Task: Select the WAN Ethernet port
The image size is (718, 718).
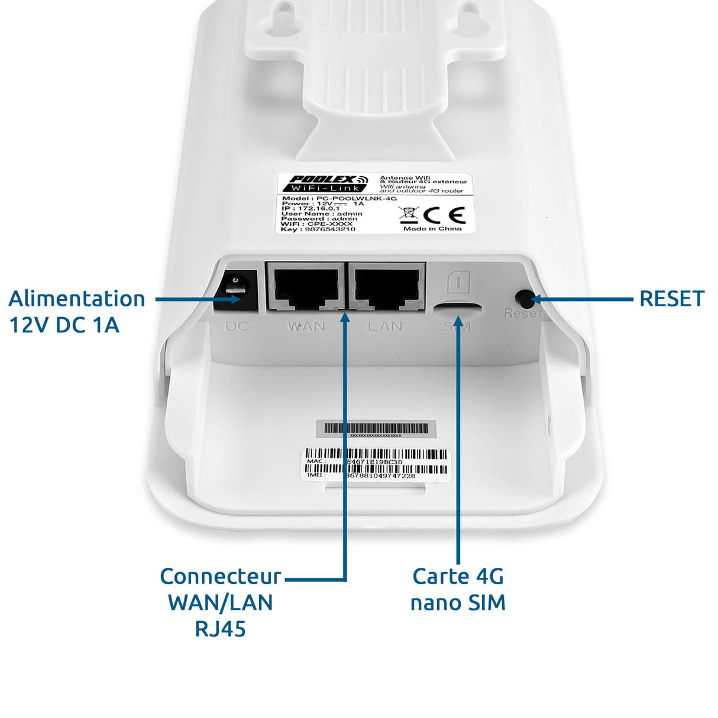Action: click(306, 286)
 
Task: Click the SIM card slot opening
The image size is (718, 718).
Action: click(457, 307)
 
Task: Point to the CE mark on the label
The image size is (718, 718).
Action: click(445, 215)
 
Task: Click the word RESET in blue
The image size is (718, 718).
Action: click(671, 299)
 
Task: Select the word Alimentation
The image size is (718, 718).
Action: click(77, 299)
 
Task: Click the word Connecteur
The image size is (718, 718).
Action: click(220, 576)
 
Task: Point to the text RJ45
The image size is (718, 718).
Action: click(220, 629)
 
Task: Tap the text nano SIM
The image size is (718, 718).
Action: click(458, 603)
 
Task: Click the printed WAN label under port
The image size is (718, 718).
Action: click(306, 326)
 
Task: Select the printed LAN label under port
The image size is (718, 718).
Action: click(385, 326)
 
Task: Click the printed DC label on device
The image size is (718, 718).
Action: click(237, 326)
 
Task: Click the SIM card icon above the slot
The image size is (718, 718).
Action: click(458, 282)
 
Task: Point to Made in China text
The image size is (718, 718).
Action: click(432, 229)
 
